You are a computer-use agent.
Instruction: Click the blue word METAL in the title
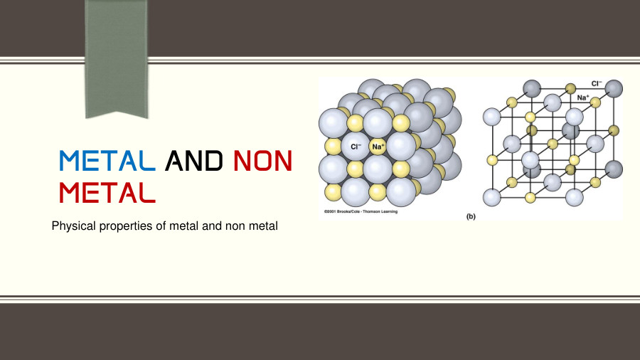107,161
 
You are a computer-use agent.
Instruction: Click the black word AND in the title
193,161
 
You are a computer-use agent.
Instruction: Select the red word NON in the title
262,161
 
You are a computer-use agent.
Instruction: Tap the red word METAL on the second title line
107,191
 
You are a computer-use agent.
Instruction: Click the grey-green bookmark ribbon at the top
116,57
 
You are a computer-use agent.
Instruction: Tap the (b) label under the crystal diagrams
471,216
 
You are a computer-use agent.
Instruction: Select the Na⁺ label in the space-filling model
378,147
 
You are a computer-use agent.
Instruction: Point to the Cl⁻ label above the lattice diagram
596,83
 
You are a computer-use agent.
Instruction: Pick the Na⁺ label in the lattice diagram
583,97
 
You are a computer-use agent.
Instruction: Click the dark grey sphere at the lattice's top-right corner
613,89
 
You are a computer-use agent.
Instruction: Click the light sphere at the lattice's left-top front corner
492,116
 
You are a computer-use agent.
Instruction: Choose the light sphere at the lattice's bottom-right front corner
574,196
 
